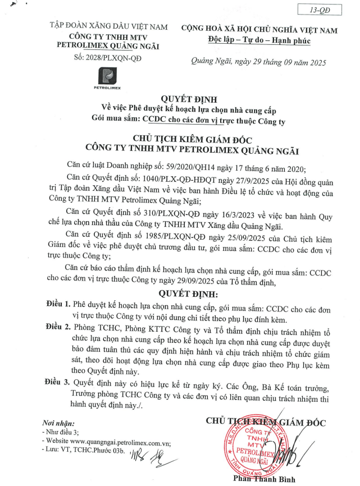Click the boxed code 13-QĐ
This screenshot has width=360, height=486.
pos(321,10)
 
